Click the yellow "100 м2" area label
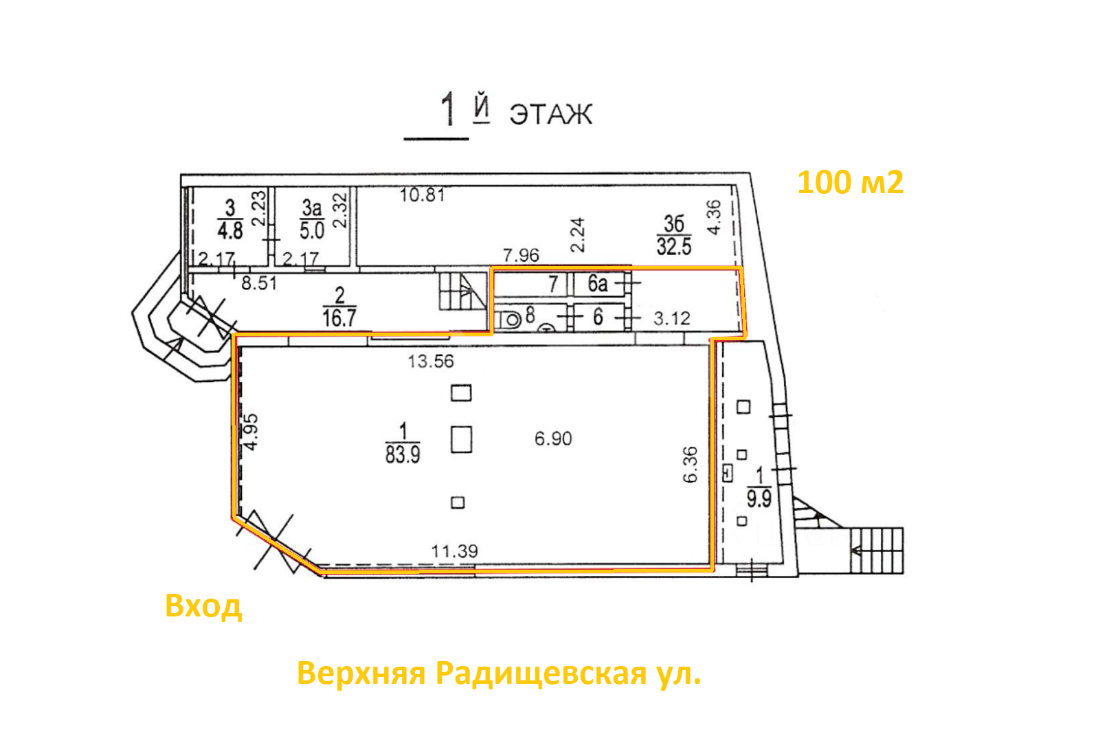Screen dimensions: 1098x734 [851, 182]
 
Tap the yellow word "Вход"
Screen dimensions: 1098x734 [203, 607]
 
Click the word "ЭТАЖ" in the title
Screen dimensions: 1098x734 [551, 114]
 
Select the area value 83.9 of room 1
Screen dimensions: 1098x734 [403, 454]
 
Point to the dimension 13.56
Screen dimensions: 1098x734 [431, 362]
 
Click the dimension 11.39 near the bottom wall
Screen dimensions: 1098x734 [454, 551]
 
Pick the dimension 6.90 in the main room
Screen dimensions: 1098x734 [553, 438]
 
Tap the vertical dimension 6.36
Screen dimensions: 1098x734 [690, 465]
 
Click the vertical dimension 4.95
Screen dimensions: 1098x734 [251, 432]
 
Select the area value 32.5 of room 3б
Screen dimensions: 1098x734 [674, 245]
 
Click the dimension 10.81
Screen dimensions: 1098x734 [423, 195]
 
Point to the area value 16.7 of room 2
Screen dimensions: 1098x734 [339, 318]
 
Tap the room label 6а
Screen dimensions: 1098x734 [598, 283]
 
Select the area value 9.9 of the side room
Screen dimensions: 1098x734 [759, 499]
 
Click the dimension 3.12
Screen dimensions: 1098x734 [671, 319]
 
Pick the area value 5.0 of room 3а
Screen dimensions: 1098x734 [312, 230]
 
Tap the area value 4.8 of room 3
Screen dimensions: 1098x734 [230, 230]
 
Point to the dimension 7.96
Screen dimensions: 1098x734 [521, 256]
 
